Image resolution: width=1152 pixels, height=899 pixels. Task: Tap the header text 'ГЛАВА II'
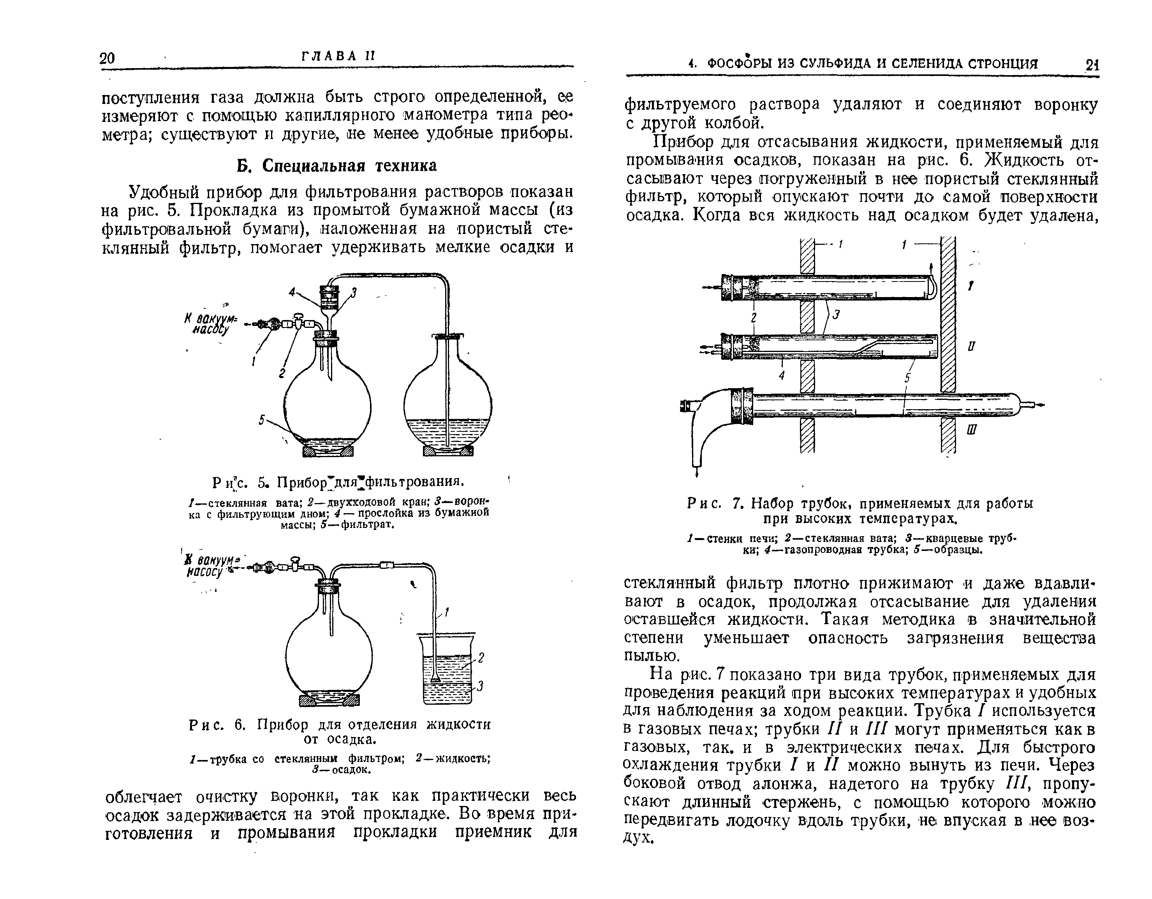point(338,56)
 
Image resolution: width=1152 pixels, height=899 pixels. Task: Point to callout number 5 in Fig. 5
point(262,420)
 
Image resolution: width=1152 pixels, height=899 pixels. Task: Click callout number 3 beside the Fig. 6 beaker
point(480,686)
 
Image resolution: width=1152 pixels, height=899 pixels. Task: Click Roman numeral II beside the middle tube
point(971,347)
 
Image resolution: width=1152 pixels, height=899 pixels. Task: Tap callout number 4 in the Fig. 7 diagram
point(782,375)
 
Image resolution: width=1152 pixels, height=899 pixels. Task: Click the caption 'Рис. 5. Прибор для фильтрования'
point(338,482)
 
